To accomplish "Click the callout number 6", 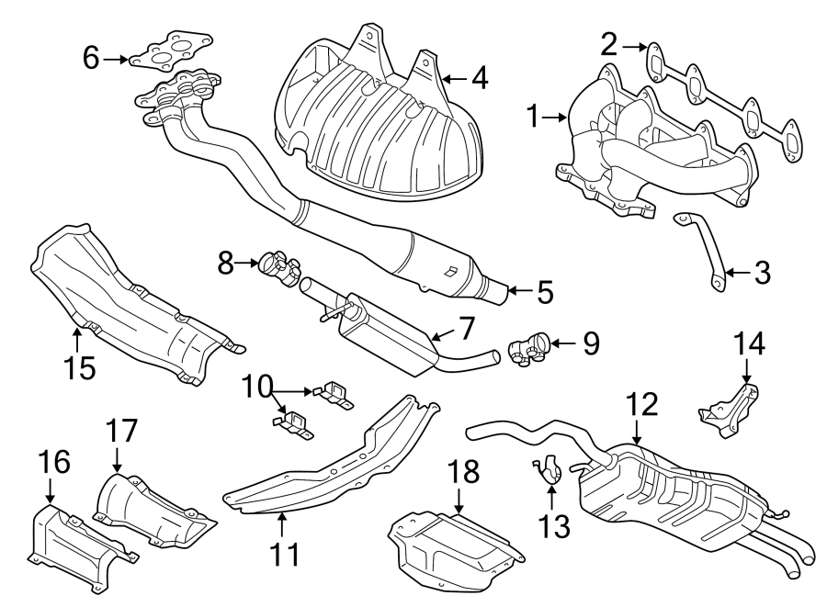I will (90, 59).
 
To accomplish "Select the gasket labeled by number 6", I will (170, 53).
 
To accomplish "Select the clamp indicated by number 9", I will (529, 349).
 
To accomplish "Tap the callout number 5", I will (545, 293).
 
